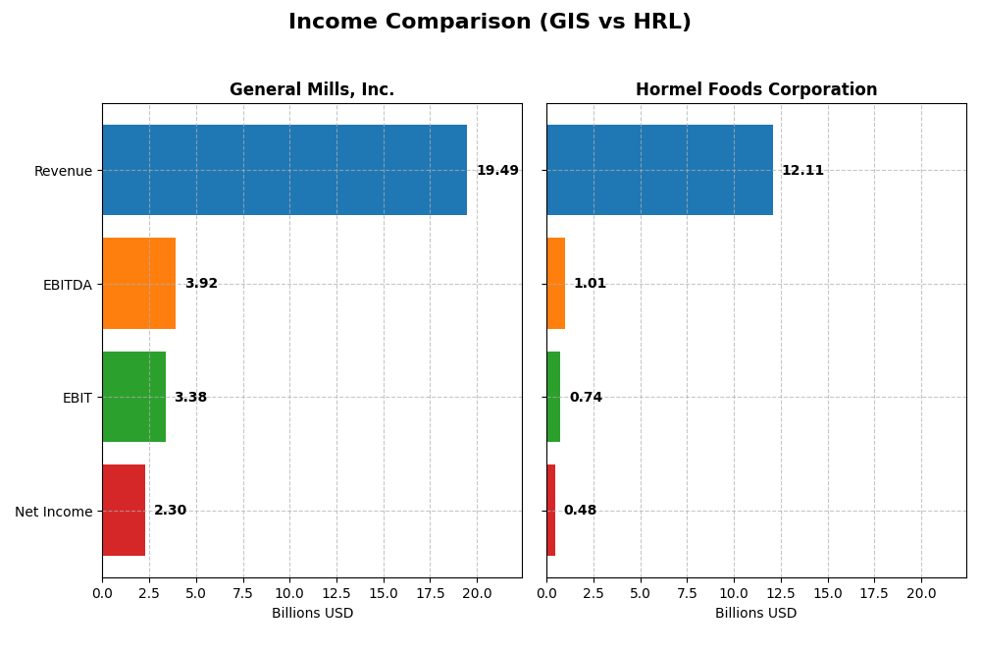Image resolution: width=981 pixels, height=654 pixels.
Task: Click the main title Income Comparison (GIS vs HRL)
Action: coord(490,22)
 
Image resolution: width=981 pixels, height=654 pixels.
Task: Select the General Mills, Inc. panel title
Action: coord(312,89)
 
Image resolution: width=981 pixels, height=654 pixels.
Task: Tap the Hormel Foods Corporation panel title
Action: coord(755,89)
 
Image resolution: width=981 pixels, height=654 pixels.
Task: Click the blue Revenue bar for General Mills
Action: coord(284,170)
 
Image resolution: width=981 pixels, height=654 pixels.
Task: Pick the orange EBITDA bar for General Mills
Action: coord(138,284)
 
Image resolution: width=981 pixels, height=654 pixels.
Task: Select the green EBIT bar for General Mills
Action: coord(133,397)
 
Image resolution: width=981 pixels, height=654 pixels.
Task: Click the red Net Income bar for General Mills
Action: coord(124,511)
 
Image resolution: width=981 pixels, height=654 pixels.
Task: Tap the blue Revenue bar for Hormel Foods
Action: coord(659,170)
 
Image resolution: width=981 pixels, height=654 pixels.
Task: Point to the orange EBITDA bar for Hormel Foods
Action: coord(555,284)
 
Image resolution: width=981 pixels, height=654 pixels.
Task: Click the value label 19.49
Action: coord(497,171)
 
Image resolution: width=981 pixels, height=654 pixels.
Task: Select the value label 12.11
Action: coord(802,171)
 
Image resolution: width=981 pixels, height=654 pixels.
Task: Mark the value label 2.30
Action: coord(170,511)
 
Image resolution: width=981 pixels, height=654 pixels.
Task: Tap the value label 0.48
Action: coord(580,511)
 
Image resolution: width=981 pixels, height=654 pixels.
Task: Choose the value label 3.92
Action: coord(201,284)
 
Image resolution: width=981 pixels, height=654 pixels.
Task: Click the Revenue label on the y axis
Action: coord(63,171)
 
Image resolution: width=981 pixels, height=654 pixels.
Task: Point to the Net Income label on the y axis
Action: coord(53,512)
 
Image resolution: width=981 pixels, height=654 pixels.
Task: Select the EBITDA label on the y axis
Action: coord(67,285)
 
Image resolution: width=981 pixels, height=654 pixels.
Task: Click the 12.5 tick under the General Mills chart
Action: coord(336,593)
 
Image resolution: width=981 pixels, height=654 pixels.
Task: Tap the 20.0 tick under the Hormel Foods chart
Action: coord(921,593)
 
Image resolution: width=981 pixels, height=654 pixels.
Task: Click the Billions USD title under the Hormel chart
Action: coord(755,614)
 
